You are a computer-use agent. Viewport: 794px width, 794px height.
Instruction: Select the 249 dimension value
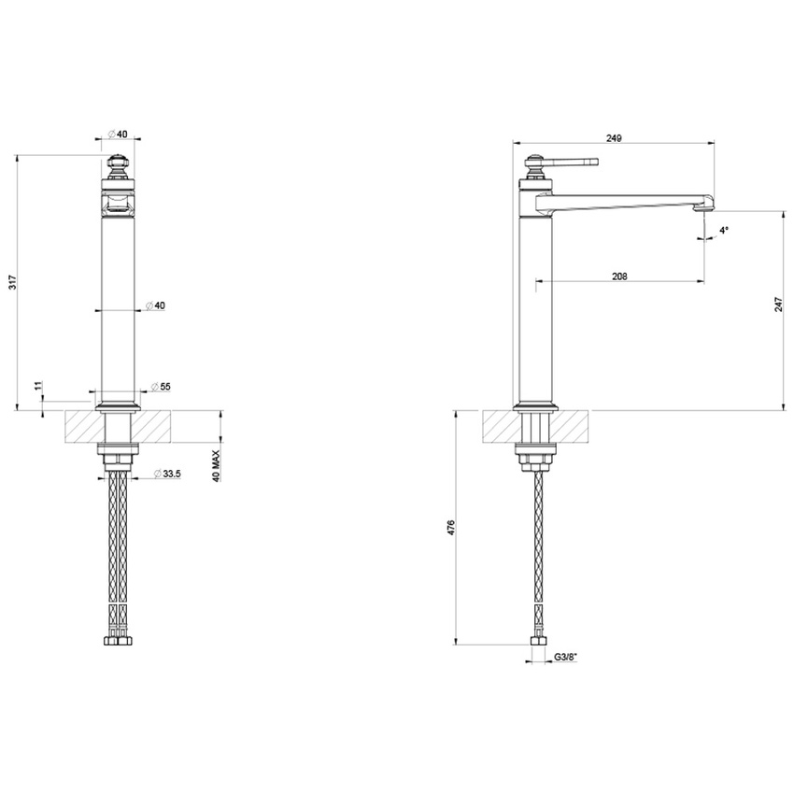tap(614, 137)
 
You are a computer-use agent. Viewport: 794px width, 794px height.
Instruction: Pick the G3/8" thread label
tap(566, 657)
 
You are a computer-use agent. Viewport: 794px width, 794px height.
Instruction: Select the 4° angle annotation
tap(724, 230)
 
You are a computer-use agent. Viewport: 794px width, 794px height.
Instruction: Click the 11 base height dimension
tap(37, 386)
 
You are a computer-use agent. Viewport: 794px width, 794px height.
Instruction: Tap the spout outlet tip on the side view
tap(704, 211)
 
